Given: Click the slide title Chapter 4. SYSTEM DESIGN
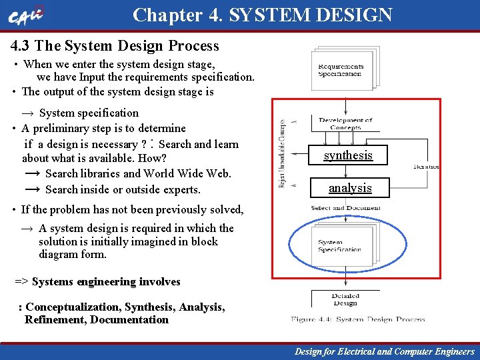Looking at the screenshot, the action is tap(262, 15).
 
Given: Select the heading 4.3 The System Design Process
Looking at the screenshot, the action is tap(115, 46).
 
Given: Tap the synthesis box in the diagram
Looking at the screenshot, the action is tap(348, 155).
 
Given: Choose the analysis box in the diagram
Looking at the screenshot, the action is tap(350, 188).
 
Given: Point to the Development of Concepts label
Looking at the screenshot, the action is tap(345, 123).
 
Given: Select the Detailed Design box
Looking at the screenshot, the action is tap(345, 299).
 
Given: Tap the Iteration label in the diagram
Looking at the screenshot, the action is tap(426, 166).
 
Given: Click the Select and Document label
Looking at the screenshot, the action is tap(345, 208).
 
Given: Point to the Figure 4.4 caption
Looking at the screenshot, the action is tap(358, 320).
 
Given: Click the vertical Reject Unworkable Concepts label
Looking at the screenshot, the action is tap(283, 154).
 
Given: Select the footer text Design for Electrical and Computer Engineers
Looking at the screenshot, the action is tap(385, 351).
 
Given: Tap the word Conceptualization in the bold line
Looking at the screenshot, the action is tap(73, 307).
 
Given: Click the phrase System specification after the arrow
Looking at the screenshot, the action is tap(89, 113).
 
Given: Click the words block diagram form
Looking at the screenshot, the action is tap(73, 248).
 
